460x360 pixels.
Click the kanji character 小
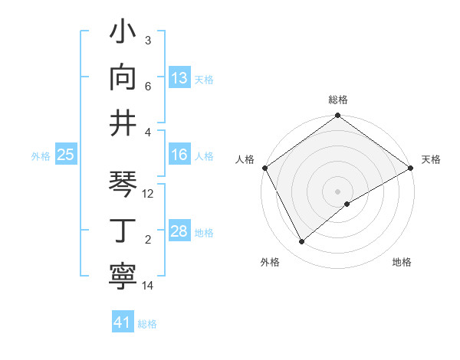[123, 33]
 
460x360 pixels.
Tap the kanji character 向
[123, 77]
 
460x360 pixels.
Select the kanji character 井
[123, 123]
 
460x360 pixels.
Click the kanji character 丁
[123, 231]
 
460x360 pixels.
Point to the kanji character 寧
[123, 277]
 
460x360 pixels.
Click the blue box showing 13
[179, 77]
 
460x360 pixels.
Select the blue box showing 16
[179, 155]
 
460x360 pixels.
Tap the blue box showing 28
[179, 231]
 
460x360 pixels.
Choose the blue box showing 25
[65, 155]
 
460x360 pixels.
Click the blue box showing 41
[123, 322]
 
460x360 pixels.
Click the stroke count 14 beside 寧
[148, 286]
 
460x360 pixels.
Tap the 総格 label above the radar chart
[338, 100]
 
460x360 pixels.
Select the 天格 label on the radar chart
[431, 159]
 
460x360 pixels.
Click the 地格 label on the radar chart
[402, 262]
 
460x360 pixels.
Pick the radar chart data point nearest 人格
[264, 168]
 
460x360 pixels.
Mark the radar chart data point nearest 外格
[302, 242]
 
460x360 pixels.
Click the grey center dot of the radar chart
[337, 191]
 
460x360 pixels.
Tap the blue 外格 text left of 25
[41, 155]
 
